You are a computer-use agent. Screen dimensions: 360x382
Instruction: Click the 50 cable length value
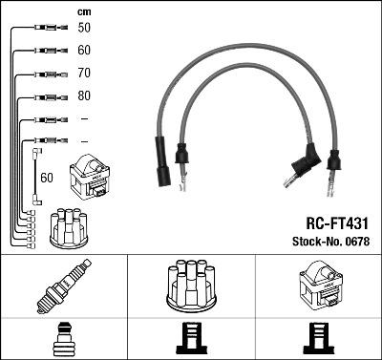coord(84,29)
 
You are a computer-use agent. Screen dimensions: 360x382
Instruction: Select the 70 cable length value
coord(84,73)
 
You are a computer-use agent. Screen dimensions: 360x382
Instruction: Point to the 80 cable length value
coord(84,95)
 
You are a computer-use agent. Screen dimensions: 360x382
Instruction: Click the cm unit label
coord(83,11)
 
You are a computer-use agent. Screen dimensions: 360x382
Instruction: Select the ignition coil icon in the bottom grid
coord(318,286)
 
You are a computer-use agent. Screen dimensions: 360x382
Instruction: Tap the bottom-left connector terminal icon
coord(63,340)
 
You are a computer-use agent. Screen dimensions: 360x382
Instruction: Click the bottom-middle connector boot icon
coord(191,340)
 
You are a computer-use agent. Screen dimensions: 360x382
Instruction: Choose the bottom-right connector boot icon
coord(318,340)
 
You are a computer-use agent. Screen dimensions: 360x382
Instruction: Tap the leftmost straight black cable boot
coord(162,161)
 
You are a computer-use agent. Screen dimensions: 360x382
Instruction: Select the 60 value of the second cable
coord(84,51)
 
